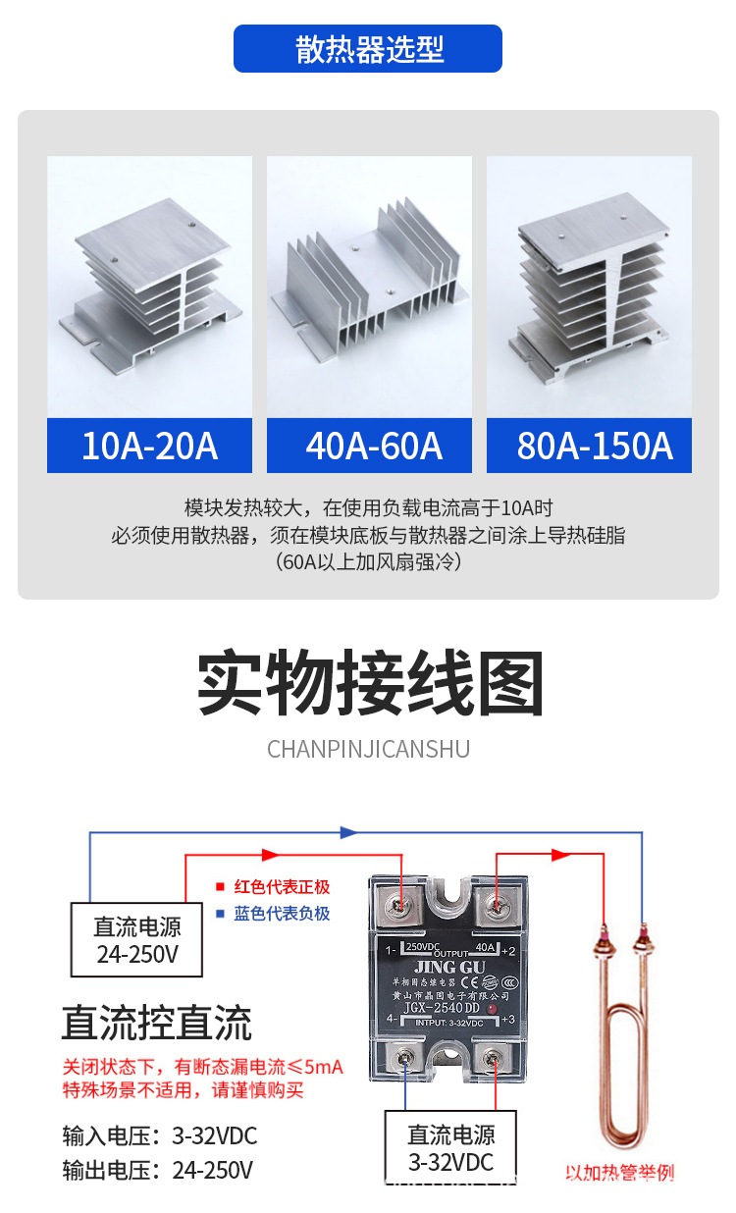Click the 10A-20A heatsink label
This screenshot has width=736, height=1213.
[149, 446]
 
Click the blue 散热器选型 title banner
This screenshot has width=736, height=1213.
[368, 49]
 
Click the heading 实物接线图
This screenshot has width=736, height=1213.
[370, 684]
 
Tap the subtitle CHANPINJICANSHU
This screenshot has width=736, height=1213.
[368, 750]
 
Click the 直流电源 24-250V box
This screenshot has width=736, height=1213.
[136, 939]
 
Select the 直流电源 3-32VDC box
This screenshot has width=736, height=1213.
[451, 1147]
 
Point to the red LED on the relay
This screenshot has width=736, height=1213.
[490, 1009]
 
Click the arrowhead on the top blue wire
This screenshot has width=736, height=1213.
[347, 832]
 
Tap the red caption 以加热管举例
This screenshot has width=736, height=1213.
[620, 1172]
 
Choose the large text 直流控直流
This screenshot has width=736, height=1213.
[157, 1023]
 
